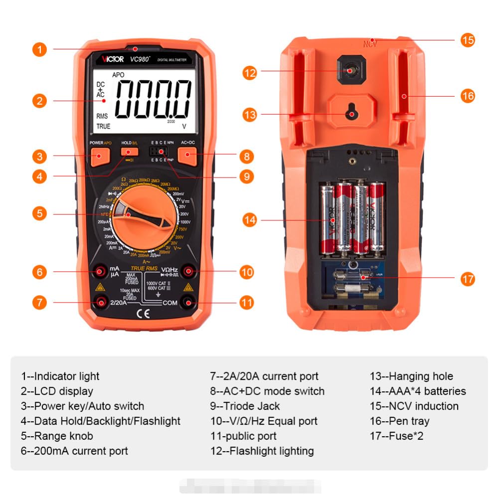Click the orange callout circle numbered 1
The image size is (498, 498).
pos(40,49)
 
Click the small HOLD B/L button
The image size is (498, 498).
pos(132,152)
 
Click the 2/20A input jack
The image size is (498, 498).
pos(101,302)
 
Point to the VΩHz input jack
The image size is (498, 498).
pos(188,272)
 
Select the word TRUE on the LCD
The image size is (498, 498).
pos(103,127)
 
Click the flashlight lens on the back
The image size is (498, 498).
pos(350,71)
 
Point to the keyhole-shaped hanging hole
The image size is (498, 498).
pos(352,112)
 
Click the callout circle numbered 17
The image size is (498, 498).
pos(467,279)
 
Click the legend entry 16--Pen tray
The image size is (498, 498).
pos(399,421)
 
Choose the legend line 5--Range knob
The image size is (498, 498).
pos(57,436)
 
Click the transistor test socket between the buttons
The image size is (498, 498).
pos(159,152)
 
